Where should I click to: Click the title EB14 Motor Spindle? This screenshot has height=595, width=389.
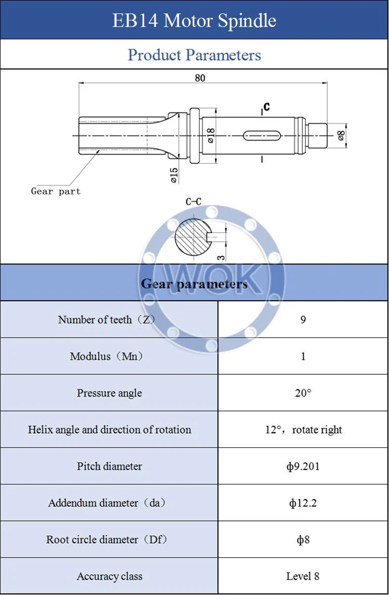click(x=195, y=20)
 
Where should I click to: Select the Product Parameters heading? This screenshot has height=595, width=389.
click(x=195, y=54)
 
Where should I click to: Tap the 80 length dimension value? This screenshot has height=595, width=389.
click(x=200, y=78)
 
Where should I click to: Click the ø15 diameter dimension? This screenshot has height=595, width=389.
click(x=174, y=175)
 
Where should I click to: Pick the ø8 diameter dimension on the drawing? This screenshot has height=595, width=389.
click(x=341, y=136)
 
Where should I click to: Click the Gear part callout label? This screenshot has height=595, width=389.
click(x=55, y=191)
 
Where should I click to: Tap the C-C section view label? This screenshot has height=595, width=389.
click(x=194, y=202)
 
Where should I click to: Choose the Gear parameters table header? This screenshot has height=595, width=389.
click(x=195, y=284)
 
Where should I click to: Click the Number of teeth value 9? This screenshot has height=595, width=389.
click(x=303, y=320)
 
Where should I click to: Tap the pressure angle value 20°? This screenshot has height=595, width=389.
click(x=303, y=393)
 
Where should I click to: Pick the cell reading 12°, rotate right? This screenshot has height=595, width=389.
click(x=303, y=430)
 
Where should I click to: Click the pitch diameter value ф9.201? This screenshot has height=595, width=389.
click(x=303, y=466)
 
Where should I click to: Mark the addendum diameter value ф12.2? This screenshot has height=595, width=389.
click(x=303, y=503)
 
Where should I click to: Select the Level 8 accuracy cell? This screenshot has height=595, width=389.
click(x=303, y=576)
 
